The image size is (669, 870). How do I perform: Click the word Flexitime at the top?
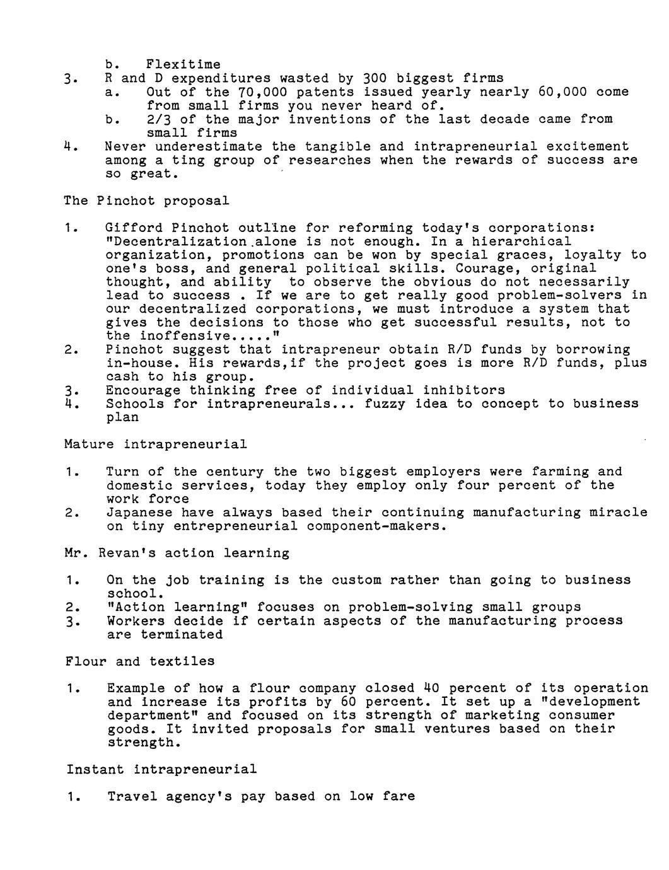point(183,64)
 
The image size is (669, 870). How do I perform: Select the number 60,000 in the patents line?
point(562,92)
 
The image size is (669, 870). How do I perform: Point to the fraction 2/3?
point(159,119)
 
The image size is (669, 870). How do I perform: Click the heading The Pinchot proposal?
point(146,200)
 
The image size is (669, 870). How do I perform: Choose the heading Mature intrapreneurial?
point(156,444)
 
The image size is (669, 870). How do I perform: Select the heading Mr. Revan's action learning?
point(177,553)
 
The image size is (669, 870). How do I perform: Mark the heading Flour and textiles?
point(140,661)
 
